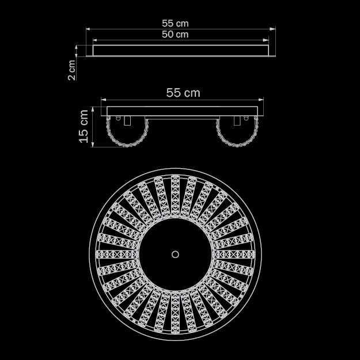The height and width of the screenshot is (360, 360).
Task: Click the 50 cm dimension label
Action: pos(175,35)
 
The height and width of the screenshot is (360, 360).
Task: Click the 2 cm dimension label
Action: pos(71,70)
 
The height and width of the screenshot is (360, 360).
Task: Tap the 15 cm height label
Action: pos(84,126)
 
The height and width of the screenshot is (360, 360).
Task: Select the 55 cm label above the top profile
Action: pos(175,24)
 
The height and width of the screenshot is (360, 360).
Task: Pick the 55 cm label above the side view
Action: pos(183,93)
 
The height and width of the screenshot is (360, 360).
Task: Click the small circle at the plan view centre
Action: pos(175,255)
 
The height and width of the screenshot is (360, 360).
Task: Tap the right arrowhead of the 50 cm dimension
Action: pos(266,40)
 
